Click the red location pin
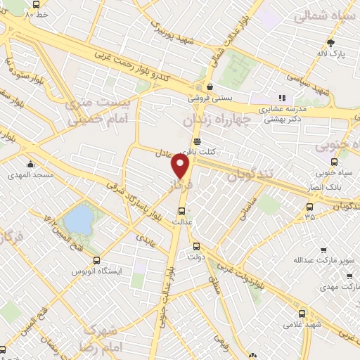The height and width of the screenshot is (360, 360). (x=181, y=167)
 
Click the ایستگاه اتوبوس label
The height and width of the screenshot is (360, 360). (x=96, y=271)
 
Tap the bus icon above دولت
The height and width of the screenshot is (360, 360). (x=196, y=247)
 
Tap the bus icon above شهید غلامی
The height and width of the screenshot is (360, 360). (x=302, y=314)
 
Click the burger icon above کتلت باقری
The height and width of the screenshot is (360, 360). (x=197, y=141)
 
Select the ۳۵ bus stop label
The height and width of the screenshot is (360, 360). (x=310, y=217)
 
